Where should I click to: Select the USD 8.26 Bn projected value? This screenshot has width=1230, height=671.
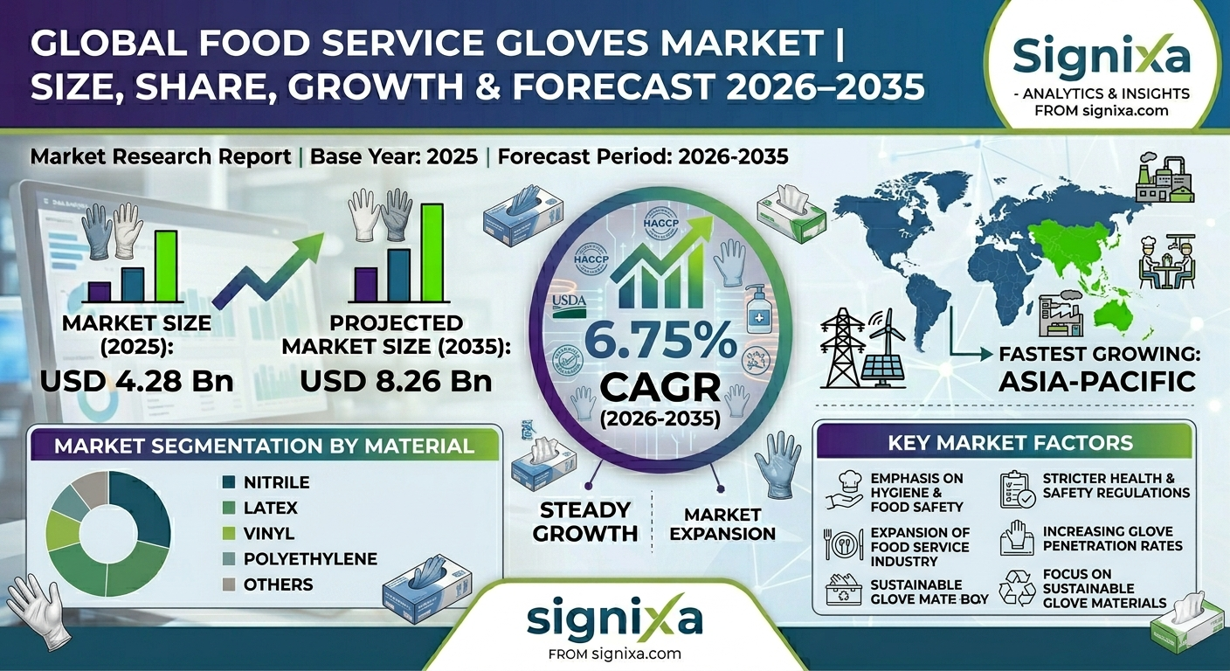click(396, 381)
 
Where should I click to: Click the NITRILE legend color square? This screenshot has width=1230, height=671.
click(229, 482)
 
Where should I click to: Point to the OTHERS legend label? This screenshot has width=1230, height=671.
click(279, 584)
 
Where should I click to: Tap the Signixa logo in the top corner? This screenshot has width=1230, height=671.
click(1101, 57)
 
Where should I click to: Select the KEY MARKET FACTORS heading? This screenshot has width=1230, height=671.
click(1010, 442)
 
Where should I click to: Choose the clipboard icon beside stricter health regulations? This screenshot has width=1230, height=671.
click(1017, 491)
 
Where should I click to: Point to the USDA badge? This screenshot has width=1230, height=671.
click(570, 306)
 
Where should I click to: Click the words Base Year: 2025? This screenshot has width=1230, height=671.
click(394, 156)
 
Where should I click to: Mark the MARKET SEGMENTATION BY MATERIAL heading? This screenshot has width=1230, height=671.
click(264, 446)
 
